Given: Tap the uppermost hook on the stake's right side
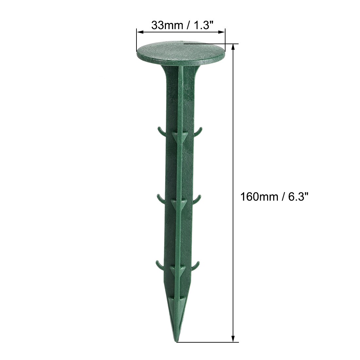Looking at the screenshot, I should click(198, 132).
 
